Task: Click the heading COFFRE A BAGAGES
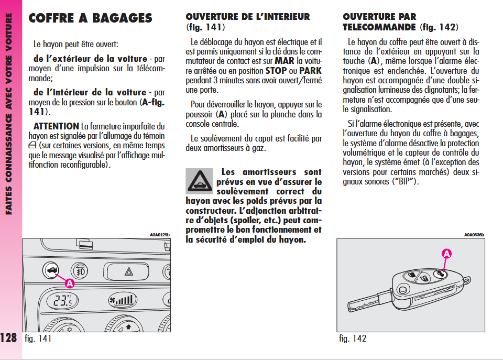tap(90, 18)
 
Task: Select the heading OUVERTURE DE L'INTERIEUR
tap(247, 17)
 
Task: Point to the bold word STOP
tap(276, 71)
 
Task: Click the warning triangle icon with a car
tap(199, 181)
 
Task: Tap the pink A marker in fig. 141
tap(70, 283)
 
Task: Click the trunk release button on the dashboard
tap(51, 270)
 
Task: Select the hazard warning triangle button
tap(129, 271)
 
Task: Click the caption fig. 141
tap(38, 339)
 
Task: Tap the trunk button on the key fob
tap(441, 274)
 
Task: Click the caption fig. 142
tap(353, 339)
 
